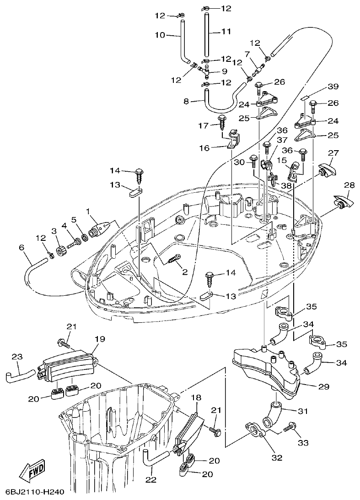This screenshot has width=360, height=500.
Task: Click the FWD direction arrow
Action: click(32, 472)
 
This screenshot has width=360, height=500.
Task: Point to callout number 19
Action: click(100, 339)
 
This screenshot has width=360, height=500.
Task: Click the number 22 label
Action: click(151, 480)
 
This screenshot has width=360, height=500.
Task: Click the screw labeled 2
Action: click(174, 260)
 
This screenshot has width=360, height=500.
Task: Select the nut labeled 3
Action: click(59, 252)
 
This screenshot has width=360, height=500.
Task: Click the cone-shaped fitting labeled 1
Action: click(99, 228)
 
